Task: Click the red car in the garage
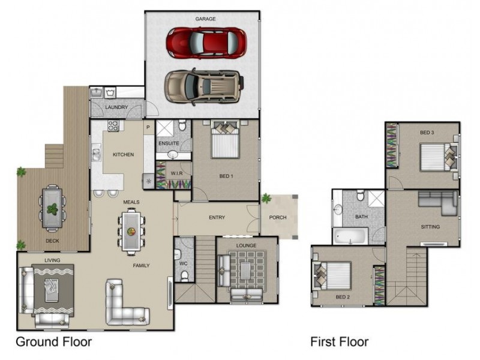click(x=206, y=43)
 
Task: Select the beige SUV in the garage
click(x=204, y=86)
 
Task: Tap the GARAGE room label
click(x=205, y=19)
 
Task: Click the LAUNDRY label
click(x=116, y=107)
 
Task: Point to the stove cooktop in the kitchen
click(x=113, y=125)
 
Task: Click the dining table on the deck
click(x=52, y=208)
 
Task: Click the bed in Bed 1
click(x=225, y=139)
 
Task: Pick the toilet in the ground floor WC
click(x=185, y=276)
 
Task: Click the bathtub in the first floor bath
click(x=350, y=236)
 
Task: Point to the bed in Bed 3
click(x=439, y=157)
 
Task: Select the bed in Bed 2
click(x=332, y=275)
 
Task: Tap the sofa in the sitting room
click(x=439, y=202)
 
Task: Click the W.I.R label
click(x=176, y=173)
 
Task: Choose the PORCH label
click(x=278, y=217)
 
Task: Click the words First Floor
click(x=340, y=341)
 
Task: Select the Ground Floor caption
click(x=54, y=341)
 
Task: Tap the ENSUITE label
click(x=169, y=143)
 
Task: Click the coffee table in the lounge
click(x=245, y=271)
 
